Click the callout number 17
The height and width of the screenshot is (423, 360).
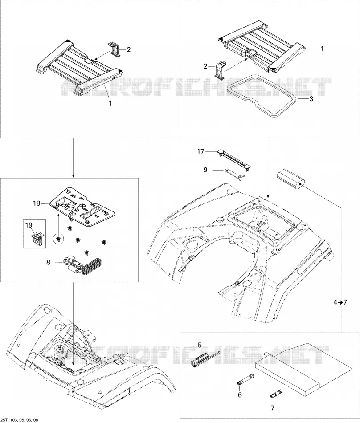(x=201, y=151)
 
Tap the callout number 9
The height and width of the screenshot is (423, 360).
(x=205, y=170)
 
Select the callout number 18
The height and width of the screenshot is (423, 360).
(x=37, y=203)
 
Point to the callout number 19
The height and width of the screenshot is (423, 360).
(x=29, y=224)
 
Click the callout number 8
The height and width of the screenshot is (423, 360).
(x=48, y=262)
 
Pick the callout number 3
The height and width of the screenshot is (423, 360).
(x=311, y=99)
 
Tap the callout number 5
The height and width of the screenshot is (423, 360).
(x=200, y=345)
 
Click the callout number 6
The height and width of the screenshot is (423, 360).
(x=240, y=395)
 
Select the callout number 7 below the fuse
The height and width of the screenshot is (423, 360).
(x=272, y=408)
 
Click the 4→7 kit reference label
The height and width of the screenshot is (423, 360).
(x=340, y=302)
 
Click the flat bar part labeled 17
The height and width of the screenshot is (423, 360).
(x=234, y=160)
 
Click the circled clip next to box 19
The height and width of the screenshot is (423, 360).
(x=58, y=239)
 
